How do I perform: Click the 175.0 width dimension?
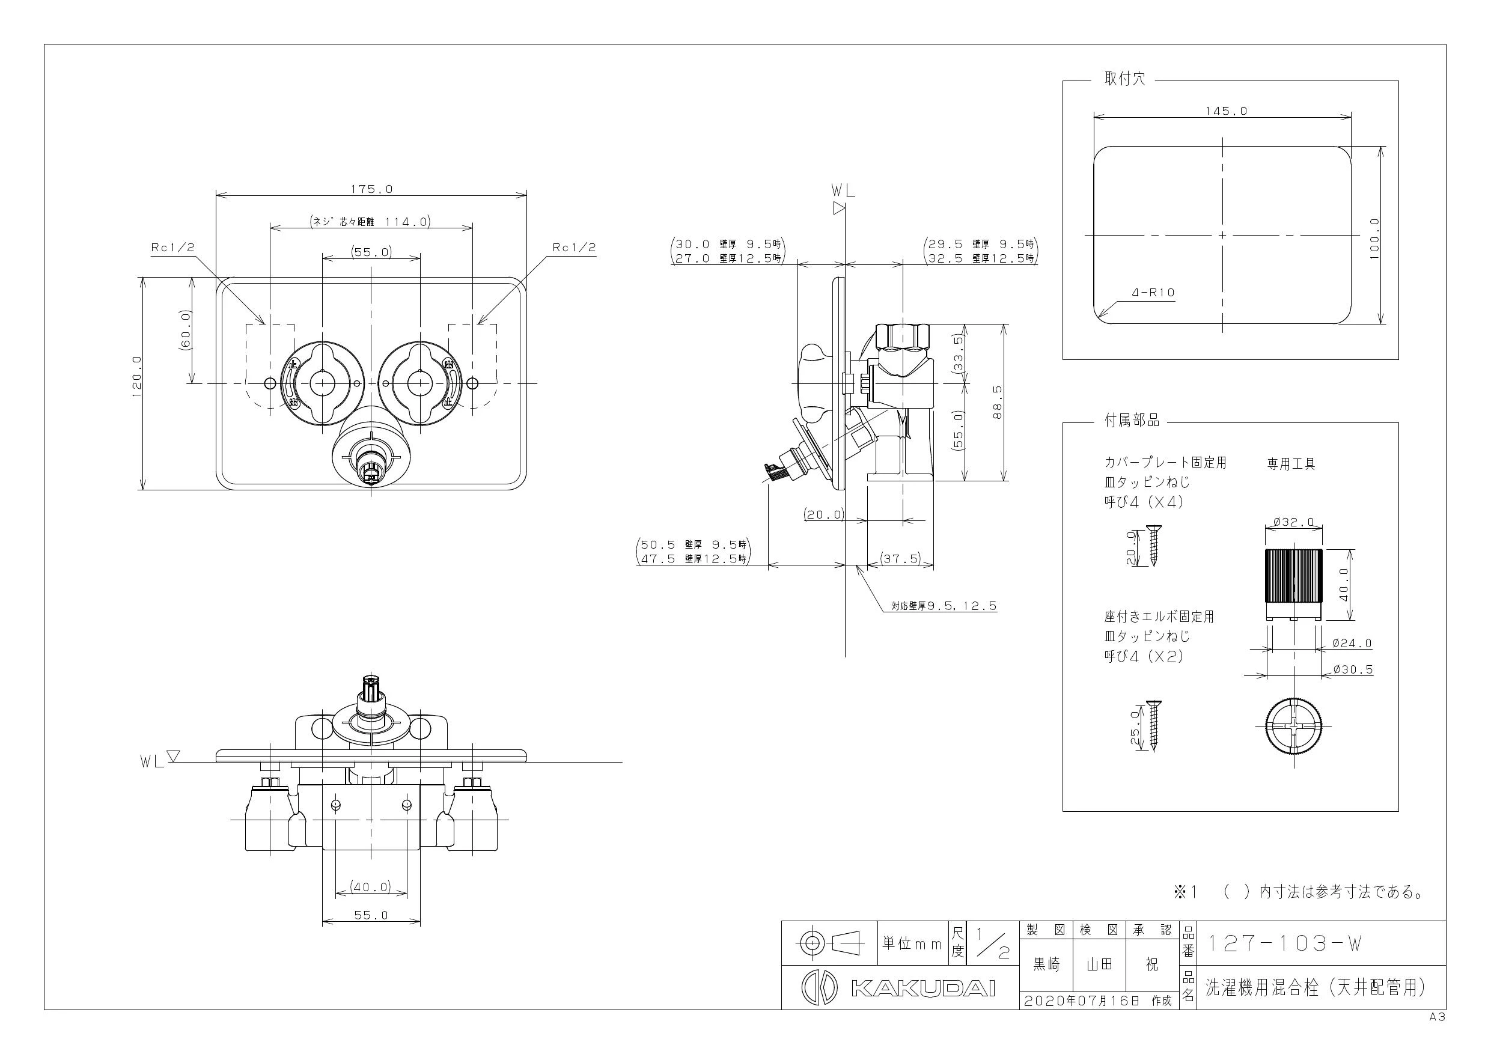pos(371,189)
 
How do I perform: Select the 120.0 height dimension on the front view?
pos(136,376)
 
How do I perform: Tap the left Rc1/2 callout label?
pos(172,248)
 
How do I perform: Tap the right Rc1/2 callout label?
pos(574,248)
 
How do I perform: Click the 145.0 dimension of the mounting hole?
pos(1226,111)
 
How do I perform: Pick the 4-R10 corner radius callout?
pos(1154,292)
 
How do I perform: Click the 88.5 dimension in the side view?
pos(998,402)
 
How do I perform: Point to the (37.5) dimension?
pos(901,558)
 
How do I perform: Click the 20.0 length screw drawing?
pos(1153,545)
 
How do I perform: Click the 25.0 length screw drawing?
pos(1154,726)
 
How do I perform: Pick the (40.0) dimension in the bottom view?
pos(371,886)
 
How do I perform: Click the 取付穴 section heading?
pos(1126,79)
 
